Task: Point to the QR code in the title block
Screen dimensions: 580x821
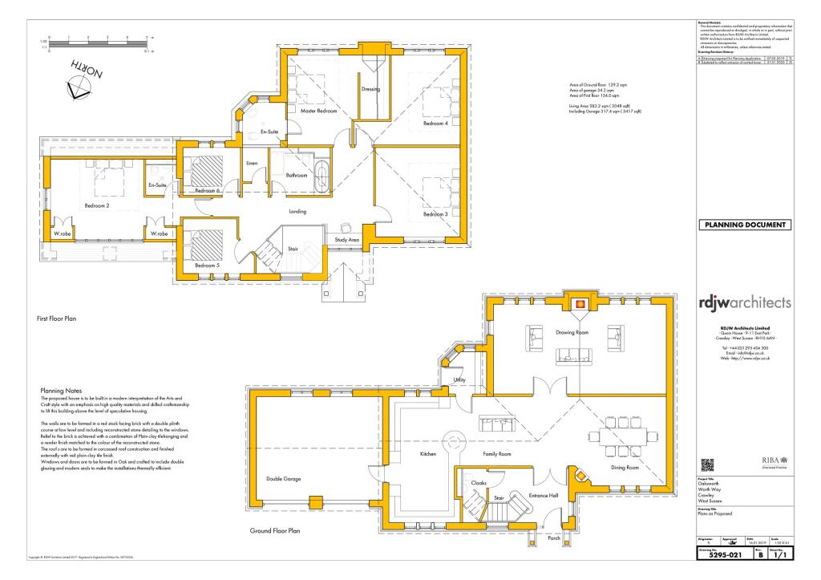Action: [x=708, y=464]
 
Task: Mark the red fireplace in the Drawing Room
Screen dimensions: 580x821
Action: [x=579, y=303]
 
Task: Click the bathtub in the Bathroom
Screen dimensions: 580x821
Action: [x=322, y=175]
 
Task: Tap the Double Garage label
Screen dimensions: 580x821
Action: [x=277, y=479]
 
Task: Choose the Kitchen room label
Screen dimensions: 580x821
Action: [x=427, y=454]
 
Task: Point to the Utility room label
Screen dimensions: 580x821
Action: [x=459, y=379]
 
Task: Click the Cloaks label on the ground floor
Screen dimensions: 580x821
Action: [x=479, y=483]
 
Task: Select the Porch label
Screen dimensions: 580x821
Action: [x=554, y=538]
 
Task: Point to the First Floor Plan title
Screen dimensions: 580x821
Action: [x=60, y=318]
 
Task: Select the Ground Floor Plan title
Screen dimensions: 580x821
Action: [x=275, y=530]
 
